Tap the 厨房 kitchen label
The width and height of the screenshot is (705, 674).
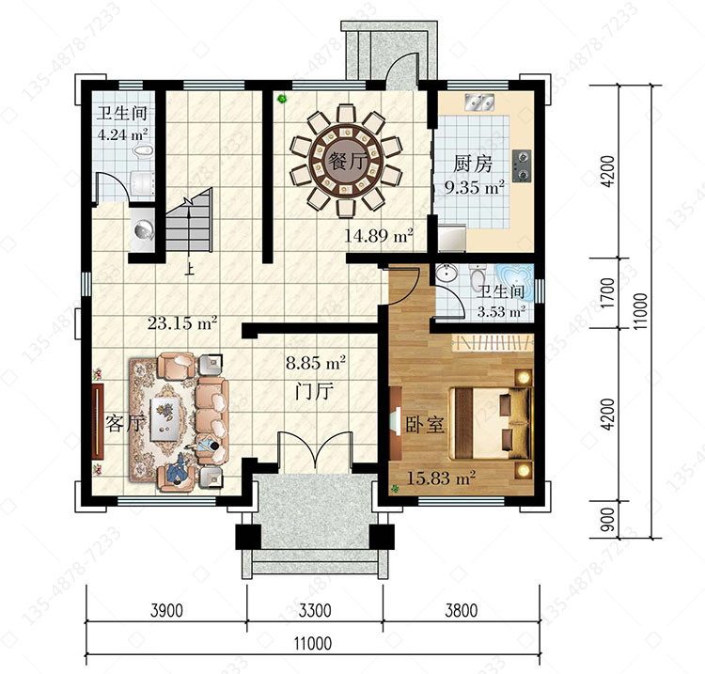click(473, 164)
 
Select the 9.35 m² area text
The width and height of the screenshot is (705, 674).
click(474, 187)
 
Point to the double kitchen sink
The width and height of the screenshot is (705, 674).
click(479, 102)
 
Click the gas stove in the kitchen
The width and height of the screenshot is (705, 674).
click(521, 165)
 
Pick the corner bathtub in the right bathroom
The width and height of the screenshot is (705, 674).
click(515, 283)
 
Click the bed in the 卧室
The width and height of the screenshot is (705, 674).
click(491, 423)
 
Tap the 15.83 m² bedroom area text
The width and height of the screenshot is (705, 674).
click(441, 478)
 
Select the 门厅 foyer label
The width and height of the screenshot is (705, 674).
click(314, 391)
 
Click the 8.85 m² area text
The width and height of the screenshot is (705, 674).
click(316, 363)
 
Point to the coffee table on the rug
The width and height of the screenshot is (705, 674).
click(164, 418)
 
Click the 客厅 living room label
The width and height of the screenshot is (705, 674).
click(126, 423)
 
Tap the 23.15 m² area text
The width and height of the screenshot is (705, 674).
click(182, 322)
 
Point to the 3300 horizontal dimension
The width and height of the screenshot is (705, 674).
click(315, 611)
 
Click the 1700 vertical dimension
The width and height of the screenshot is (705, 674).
click(607, 292)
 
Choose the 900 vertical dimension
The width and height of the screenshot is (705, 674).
click(607, 519)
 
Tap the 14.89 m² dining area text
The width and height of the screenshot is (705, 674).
click(379, 236)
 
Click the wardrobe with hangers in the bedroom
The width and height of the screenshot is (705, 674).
click(493, 343)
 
